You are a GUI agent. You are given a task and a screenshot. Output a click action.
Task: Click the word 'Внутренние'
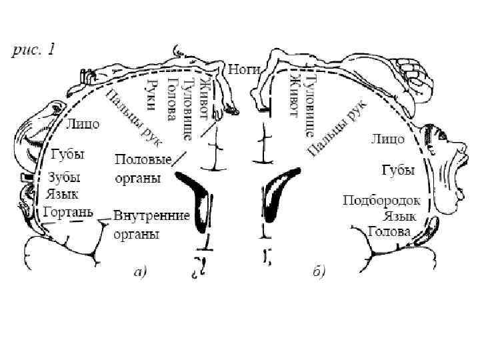[152, 217]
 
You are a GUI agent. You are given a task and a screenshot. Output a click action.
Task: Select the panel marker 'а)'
[140, 271]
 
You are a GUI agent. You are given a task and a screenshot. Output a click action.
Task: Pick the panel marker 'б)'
[318, 271]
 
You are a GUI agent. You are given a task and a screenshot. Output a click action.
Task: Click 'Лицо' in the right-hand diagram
[387, 139]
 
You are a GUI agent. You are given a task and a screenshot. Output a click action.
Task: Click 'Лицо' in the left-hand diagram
[83, 123]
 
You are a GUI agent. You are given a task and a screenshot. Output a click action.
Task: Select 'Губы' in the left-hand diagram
[68, 154]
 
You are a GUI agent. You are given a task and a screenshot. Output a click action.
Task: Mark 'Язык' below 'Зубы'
[63, 195]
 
